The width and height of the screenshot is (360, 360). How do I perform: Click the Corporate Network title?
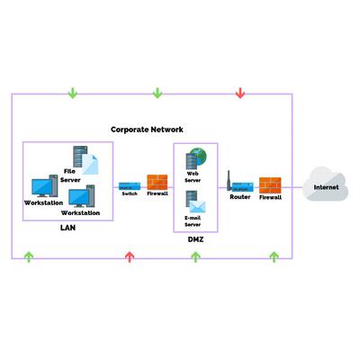[147, 130]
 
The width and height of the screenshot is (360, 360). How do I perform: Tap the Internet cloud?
[326, 184]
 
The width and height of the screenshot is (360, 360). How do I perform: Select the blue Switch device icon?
[130, 186]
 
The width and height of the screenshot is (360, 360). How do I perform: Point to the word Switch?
[130, 193]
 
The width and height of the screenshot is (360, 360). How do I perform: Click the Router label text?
[240, 197]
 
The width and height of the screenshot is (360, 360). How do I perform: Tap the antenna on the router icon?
[229, 181]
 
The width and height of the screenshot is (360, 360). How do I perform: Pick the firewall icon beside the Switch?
[157, 182]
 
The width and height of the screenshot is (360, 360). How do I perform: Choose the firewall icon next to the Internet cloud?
[270, 185]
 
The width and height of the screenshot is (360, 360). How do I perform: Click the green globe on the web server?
[200, 156]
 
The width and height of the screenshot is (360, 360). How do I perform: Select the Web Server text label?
[193, 177]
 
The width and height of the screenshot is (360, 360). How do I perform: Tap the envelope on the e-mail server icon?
[198, 207]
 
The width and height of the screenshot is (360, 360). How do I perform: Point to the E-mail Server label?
[193, 221]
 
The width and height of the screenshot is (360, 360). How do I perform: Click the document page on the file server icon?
[90, 165]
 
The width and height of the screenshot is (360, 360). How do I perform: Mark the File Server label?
[70, 175]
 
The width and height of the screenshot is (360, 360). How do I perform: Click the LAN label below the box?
[67, 228]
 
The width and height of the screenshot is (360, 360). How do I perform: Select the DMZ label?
[195, 239]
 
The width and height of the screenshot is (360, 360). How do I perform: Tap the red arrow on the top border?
[240, 93]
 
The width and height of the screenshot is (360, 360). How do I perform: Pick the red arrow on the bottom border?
[130, 257]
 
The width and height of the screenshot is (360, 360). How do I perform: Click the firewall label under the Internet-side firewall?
[270, 197]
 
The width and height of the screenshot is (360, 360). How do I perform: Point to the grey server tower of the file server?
[80, 157]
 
